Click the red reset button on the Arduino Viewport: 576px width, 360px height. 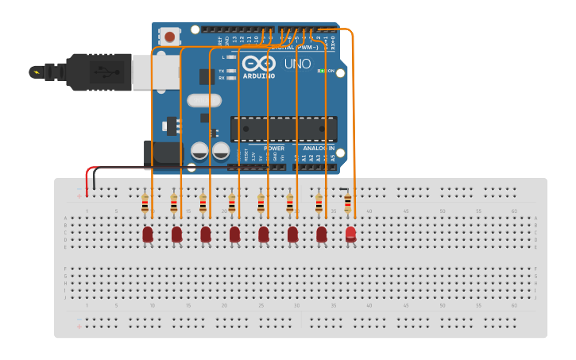[x=169, y=37]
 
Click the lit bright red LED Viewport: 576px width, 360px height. [x=350, y=233]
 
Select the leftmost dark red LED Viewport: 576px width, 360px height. [x=148, y=234]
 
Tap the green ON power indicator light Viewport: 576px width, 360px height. [x=322, y=71]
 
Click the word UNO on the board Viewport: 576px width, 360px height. [x=297, y=64]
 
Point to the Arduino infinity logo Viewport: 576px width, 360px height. [x=259, y=63]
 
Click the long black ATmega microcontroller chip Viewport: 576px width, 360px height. [x=284, y=129]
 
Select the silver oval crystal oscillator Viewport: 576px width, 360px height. [x=204, y=100]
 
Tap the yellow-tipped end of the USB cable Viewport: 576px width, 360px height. [x=35, y=72]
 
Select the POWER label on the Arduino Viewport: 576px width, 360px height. [x=274, y=149]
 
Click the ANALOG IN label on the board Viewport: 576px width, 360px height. [x=318, y=149]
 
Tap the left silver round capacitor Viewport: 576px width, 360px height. [x=199, y=150]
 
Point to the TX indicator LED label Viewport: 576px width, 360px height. [x=221, y=71]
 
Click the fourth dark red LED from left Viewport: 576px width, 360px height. [x=234, y=234]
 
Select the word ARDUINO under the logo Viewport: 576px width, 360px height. [x=259, y=75]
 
